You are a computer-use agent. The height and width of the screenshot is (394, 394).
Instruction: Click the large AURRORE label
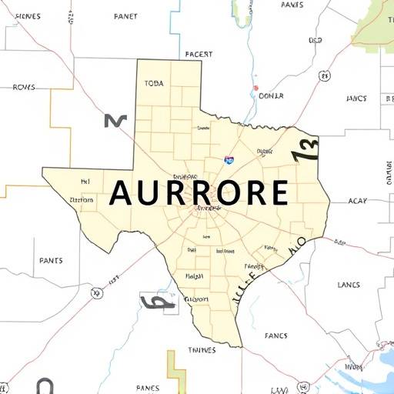(199, 193)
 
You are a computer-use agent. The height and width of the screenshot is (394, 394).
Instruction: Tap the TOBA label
(154, 83)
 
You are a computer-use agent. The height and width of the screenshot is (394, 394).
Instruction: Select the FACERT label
(199, 55)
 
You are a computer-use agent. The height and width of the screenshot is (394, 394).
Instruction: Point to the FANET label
(125, 15)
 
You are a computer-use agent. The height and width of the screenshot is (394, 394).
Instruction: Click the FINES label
(28, 15)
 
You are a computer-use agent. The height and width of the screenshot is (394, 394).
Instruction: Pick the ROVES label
(24, 87)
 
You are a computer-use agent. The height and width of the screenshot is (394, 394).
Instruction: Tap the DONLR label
(271, 95)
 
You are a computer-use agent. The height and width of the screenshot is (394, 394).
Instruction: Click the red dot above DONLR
(255, 88)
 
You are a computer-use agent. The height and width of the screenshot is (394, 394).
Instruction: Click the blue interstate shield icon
(229, 159)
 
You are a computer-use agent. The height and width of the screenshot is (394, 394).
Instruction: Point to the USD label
(316, 40)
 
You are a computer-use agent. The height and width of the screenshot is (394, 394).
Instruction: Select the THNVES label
(203, 350)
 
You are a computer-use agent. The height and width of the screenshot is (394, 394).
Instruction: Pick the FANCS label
(276, 336)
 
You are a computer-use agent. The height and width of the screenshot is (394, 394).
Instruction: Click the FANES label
(147, 387)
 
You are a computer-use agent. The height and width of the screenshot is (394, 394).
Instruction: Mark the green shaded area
(376, 23)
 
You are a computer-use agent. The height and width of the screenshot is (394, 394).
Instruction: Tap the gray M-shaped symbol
(114, 120)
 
